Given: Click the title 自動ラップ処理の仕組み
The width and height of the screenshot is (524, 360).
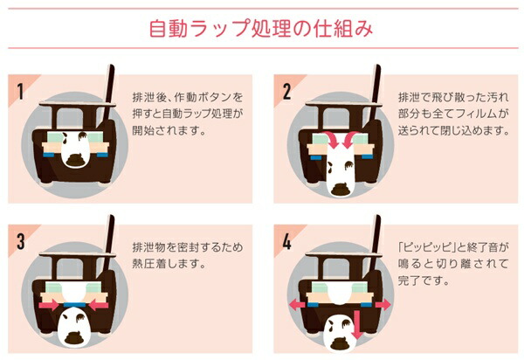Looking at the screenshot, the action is (261, 28).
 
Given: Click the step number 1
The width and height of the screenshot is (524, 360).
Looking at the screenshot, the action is (20, 91).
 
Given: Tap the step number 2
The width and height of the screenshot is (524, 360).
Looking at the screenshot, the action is (286, 91).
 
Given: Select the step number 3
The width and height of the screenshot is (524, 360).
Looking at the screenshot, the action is (21, 241).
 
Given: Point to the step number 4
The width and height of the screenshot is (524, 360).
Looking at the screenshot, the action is (286, 241).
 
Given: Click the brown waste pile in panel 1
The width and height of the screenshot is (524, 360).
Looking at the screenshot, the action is (75, 161).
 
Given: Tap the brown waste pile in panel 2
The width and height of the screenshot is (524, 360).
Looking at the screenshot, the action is (341, 190).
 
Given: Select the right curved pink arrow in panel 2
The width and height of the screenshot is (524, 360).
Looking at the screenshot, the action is (350, 140).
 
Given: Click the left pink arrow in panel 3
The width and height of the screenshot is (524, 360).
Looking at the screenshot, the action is (50, 304).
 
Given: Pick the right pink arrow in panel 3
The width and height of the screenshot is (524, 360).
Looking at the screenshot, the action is (97, 304).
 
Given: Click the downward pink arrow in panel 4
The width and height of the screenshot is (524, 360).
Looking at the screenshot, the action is (356, 324).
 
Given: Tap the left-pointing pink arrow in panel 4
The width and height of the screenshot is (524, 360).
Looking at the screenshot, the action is (297, 304).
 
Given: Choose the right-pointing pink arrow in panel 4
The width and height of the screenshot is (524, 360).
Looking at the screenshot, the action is (383, 304).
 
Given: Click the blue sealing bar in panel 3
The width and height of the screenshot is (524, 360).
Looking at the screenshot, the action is (73, 304).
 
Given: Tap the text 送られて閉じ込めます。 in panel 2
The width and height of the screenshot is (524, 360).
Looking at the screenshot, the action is (453, 130).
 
